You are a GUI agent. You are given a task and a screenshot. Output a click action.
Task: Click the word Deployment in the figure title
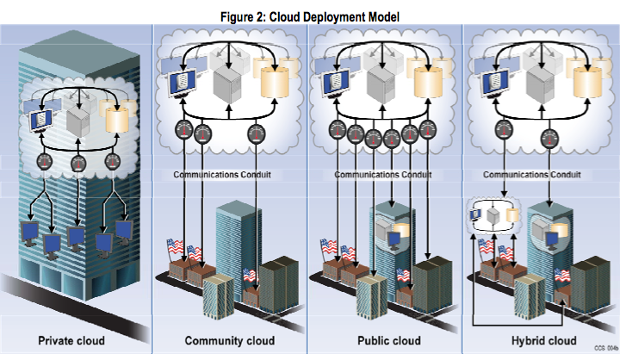330,17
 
